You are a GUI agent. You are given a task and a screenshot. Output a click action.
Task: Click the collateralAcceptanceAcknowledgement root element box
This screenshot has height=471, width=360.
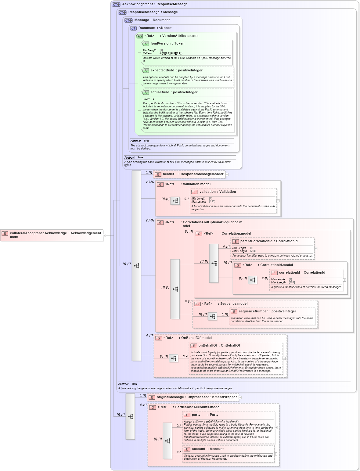pos(52,235)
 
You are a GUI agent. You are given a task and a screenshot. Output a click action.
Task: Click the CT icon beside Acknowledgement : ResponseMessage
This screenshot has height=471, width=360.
pos(116,5)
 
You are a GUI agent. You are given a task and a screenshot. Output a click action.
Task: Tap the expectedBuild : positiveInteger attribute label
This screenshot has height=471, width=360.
pos(176,70)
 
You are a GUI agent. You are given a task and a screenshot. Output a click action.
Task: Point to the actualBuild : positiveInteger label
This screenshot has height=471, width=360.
pos(174,92)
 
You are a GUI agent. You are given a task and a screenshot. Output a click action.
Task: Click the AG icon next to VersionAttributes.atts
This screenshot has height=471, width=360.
pos(139,36)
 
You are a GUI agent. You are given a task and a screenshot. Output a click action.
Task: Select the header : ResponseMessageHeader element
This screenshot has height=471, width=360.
pos(189,174)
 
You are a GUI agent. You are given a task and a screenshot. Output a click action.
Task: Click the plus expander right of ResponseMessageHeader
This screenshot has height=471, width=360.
pos(227,174)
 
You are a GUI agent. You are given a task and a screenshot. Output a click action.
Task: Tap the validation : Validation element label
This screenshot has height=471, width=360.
pos(217,192)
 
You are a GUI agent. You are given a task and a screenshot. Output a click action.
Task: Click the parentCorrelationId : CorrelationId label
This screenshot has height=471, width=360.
pos(268,241)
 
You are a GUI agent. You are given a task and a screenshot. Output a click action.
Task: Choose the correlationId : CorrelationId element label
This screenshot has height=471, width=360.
pos(302,273)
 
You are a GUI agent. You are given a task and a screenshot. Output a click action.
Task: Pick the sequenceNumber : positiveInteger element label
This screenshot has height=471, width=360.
pos(267,311)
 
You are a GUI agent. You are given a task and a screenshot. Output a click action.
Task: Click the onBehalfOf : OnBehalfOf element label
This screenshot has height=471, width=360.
pos(219,346)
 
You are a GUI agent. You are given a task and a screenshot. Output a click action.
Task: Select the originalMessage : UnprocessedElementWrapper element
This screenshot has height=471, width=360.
pos(193,397)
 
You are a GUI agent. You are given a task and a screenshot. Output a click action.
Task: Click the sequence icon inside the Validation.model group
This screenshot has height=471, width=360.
pos(175,201)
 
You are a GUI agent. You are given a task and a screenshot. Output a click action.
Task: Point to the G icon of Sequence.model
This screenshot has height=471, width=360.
pos(197,304)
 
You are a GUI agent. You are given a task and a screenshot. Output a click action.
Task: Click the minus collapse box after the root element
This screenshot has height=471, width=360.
pos(104,235)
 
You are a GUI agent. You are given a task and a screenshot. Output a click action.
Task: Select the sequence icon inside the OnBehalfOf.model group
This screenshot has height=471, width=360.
pos(174,358)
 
